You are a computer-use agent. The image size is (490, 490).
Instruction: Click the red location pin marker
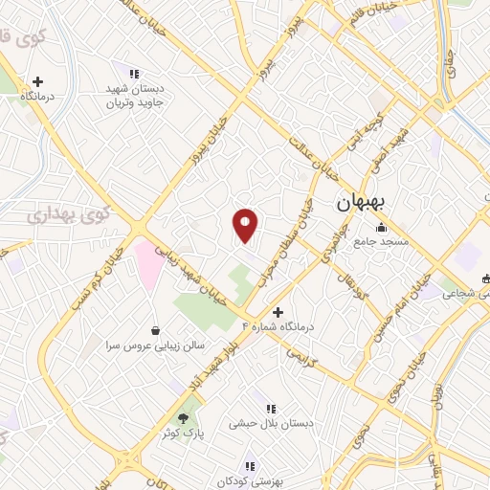point(245,225)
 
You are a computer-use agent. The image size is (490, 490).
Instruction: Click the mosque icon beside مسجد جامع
point(382,227)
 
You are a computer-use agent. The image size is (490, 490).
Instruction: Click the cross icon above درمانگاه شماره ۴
point(278,312)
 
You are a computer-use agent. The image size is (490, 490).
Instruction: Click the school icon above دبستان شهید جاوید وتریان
point(135,73)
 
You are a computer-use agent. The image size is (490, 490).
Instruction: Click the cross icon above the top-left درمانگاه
point(37,82)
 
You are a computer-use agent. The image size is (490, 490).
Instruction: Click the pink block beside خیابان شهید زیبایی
point(148,266)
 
